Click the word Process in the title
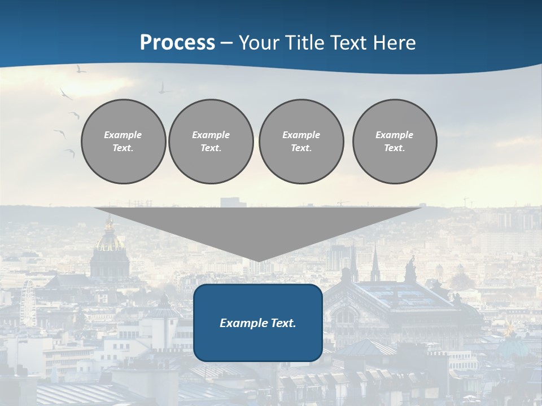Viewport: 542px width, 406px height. (177, 43)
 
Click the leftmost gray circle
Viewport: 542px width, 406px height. (123, 142)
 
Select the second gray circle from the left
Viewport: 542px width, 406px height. (211, 142)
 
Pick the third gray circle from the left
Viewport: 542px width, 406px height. (301, 142)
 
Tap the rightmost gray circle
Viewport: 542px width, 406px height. (395, 142)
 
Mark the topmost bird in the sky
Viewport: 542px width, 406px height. (81, 69)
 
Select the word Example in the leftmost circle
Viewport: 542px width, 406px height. (123, 135)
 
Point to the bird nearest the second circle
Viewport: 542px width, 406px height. (164, 89)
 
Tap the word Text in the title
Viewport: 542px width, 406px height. (348, 43)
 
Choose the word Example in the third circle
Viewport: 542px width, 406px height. (301, 135)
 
